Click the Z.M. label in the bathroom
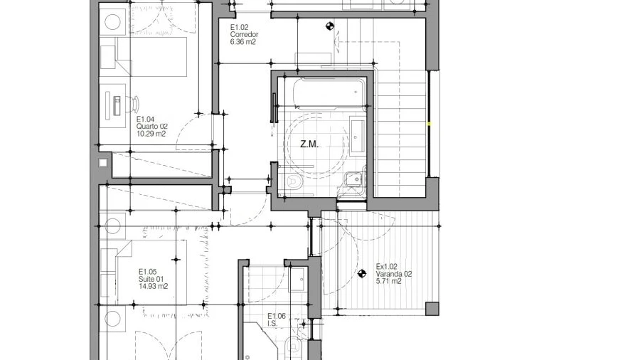[309, 144]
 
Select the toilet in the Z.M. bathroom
[294, 181]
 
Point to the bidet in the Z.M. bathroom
[354, 179]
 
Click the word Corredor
[244, 35]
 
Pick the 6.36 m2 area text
[243, 42]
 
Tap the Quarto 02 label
[152, 127]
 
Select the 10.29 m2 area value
[151, 134]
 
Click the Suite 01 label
[151, 279]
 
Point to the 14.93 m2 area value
[153, 286]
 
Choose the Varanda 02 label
[393, 275]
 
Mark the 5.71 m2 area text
[388, 281]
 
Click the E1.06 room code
[277, 316]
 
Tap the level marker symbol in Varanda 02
[362, 274]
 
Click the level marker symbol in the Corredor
[330, 26]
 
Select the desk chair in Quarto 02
[134, 103]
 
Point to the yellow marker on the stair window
[429, 124]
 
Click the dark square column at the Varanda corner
[432, 309]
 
